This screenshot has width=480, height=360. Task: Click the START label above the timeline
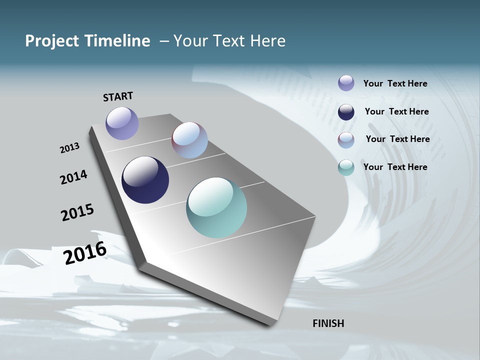click(118, 96)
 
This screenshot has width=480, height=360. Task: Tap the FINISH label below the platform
click(328, 323)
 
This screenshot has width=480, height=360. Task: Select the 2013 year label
click(69, 148)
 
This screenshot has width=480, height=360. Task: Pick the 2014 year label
click(73, 177)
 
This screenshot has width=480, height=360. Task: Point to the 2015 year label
click(77, 212)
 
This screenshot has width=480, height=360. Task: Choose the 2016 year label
click(85, 253)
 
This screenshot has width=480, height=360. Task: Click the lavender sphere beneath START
click(122, 123)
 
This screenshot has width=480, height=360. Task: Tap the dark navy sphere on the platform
click(145, 180)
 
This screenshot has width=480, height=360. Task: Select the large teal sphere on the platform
click(216, 207)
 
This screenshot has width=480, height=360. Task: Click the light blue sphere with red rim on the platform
click(189, 140)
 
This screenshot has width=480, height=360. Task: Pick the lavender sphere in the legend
click(346, 83)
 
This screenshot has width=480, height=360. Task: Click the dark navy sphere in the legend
click(346, 112)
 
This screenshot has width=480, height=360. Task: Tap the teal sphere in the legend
click(346, 167)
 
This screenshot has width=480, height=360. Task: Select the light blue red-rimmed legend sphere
click(346, 139)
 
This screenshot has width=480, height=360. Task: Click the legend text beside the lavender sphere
click(395, 83)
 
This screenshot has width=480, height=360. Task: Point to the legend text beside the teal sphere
click(395, 167)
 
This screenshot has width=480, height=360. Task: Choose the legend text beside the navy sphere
click(396, 111)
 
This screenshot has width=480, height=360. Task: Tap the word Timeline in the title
click(118, 41)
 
